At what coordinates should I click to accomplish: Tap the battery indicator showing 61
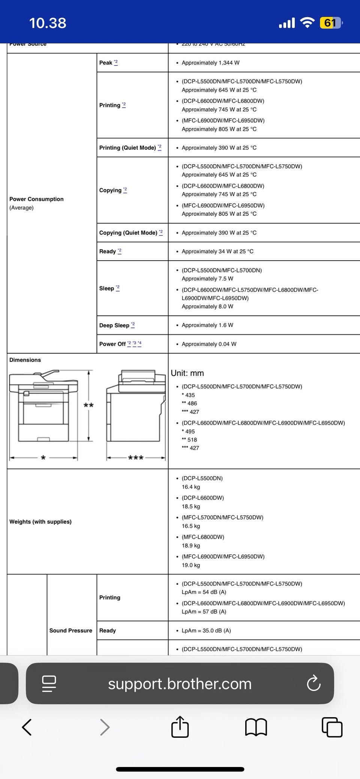[330, 23]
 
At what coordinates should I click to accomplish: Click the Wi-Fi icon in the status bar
[308, 23]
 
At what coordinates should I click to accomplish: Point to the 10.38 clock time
[48, 23]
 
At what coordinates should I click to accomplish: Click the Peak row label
[106, 63]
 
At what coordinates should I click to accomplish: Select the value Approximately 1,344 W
[210, 63]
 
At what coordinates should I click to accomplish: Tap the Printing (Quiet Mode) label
[127, 148]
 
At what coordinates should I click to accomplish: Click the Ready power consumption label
[108, 251]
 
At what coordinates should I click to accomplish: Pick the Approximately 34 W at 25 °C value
[217, 251]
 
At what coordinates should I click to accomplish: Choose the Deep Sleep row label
[114, 325]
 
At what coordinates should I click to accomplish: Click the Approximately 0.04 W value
[209, 344]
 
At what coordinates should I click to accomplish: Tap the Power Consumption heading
[36, 199]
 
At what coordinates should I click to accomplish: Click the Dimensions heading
[25, 360]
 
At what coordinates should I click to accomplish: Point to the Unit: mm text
[187, 373]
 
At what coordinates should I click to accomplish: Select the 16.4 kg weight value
[191, 487]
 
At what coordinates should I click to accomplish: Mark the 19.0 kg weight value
[191, 565]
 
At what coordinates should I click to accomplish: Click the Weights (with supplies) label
[40, 521]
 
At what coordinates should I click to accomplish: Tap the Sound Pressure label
[70, 631]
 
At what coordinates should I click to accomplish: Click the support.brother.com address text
[180, 684]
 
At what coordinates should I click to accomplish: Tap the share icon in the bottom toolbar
[180, 727]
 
